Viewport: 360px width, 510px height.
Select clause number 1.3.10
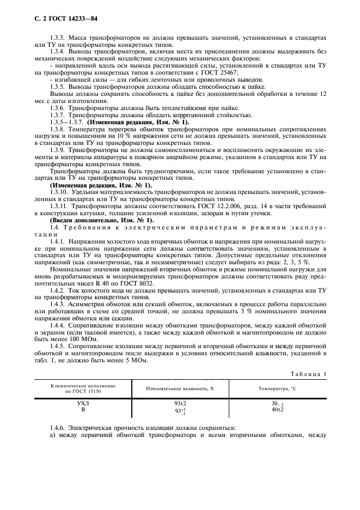point(59,193)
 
